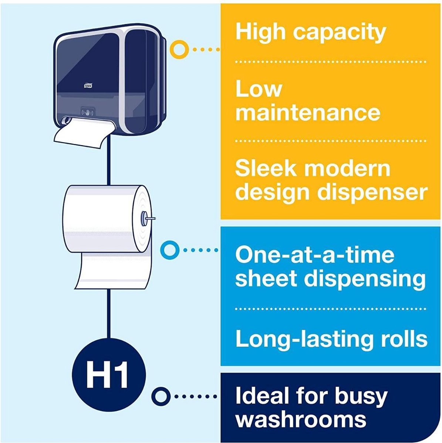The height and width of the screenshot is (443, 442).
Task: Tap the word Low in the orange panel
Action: click(x=259, y=89)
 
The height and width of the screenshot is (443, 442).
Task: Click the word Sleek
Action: click(x=265, y=168)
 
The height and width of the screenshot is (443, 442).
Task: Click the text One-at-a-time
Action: click(x=315, y=255)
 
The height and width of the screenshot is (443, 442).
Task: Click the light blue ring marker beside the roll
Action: click(x=169, y=250)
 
